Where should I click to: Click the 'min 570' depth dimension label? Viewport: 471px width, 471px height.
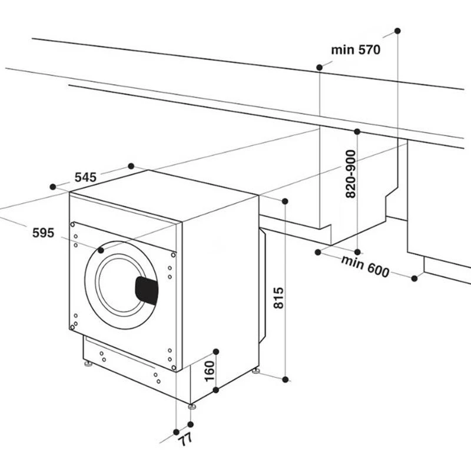tap(356, 50)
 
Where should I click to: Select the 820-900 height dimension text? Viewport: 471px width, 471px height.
tap(350, 174)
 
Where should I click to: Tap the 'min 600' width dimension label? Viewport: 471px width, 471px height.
tap(365, 267)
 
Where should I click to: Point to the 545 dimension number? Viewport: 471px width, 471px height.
tap(85, 177)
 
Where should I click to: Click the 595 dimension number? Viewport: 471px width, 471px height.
tap(44, 233)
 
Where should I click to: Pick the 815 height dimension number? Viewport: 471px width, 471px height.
tap(278, 298)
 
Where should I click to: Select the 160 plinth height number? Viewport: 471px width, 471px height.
tap(210, 371)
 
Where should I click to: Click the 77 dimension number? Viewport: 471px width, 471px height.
tap(185, 440)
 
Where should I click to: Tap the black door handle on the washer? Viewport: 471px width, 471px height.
tap(147, 290)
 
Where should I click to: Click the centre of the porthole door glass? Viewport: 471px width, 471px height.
tap(120, 285)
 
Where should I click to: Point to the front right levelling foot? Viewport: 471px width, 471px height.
tap(192, 406)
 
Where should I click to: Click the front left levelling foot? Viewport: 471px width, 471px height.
tap(88, 364)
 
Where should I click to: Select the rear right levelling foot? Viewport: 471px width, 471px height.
tap(256, 372)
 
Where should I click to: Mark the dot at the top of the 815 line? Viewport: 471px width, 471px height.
tap(285, 201)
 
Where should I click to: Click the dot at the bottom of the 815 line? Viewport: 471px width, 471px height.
tap(286, 380)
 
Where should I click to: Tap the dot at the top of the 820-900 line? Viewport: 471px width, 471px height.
tap(357, 131)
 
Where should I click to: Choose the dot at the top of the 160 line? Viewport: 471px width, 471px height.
tap(215, 351)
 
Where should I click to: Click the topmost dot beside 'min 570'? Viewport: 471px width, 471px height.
tap(397, 31)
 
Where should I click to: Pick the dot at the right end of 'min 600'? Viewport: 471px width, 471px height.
tap(414, 278)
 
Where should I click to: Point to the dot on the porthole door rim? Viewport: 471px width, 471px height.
tap(101, 250)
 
